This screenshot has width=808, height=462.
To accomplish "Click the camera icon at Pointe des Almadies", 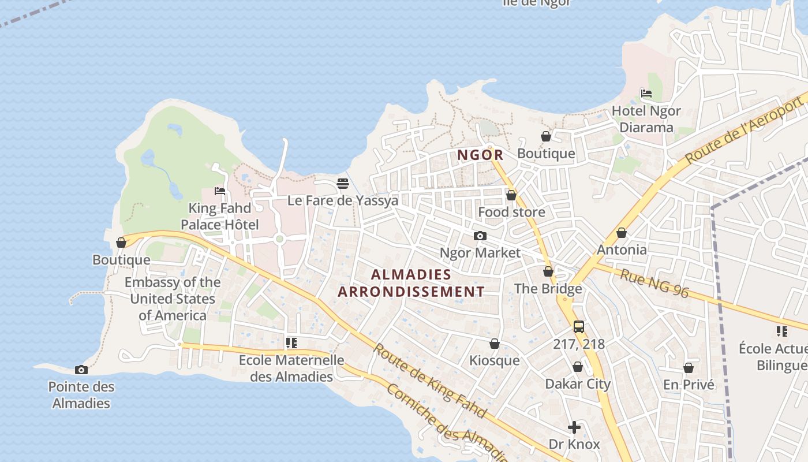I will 81,370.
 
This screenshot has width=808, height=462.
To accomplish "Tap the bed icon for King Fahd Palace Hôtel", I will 219,191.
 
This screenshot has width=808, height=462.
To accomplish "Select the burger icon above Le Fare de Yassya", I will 343,184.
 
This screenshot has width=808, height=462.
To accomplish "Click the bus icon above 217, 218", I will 579,327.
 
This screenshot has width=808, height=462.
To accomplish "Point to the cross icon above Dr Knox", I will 574,427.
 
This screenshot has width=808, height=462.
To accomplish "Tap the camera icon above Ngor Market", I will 480,236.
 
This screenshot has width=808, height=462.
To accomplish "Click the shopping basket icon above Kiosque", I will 495,344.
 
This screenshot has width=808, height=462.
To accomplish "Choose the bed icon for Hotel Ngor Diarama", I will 646,94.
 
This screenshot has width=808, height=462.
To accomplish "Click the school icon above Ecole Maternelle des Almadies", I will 291,343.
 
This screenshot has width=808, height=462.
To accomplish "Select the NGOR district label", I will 481,155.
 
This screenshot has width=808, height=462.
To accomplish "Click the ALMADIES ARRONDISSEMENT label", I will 411,283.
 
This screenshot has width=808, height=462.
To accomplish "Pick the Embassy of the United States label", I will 173,299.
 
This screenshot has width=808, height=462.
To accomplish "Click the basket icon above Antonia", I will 622,233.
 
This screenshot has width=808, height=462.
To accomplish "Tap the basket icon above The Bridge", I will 548,271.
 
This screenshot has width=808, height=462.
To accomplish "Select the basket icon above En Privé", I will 689,368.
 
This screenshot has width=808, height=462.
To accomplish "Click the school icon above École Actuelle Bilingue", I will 782,331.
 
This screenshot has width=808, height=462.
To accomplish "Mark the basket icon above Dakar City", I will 578,367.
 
